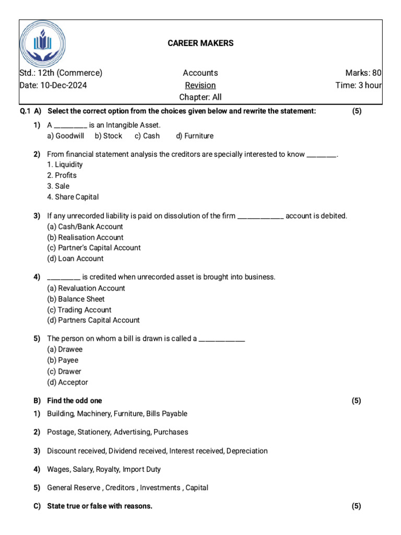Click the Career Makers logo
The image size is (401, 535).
pyautogui.click(x=43, y=43)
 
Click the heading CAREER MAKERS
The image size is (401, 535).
pyautogui.click(x=200, y=43)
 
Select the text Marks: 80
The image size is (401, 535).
pyautogui.click(x=363, y=73)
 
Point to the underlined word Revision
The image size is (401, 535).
pyautogui.click(x=200, y=85)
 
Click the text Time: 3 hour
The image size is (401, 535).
pyautogui.click(x=358, y=85)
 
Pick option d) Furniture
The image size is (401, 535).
pyautogui.click(x=195, y=136)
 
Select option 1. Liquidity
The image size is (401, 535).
pyautogui.click(x=65, y=165)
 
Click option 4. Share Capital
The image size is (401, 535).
pyautogui.click(x=73, y=197)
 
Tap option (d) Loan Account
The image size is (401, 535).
pyautogui.click(x=75, y=259)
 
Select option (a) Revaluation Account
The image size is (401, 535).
pyautogui.click(x=86, y=288)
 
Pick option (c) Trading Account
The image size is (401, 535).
pyautogui.click(x=79, y=310)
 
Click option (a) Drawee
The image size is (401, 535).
pyautogui.click(x=65, y=350)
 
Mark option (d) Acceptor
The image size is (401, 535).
pyautogui.click(x=67, y=382)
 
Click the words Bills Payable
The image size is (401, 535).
pyautogui.click(x=167, y=414)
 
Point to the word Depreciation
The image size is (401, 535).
pyautogui.click(x=247, y=451)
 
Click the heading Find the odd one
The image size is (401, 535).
pyautogui.click(x=75, y=401)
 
